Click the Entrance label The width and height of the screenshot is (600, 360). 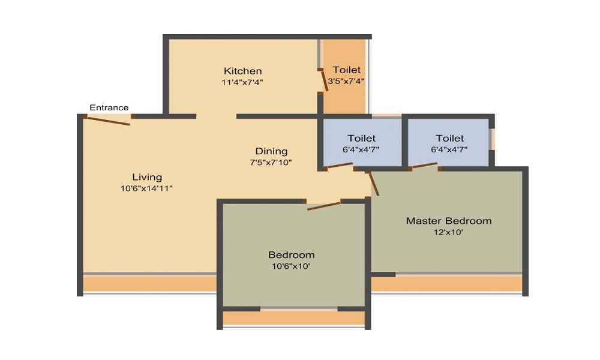pyautogui.click(x=109, y=107)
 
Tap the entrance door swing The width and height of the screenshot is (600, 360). pyautogui.click(x=109, y=121)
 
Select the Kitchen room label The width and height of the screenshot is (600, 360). pyautogui.click(x=242, y=71)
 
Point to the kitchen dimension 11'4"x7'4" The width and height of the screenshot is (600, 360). pyautogui.click(x=242, y=82)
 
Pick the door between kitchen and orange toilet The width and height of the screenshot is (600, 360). pyautogui.click(x=324, y=80)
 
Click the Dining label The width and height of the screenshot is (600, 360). pyautogui.click(x=271, y=151)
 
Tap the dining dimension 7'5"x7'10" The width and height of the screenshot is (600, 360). pyautogui.click(x=271, y=163)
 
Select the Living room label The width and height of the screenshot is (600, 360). pyautogui.click(x=147, y=177)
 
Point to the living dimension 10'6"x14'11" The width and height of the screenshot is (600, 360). pyautogui.click(x=147, y=188)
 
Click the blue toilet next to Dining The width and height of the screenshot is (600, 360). pyautogui.click(x=361, y=143)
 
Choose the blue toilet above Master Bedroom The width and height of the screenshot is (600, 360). pyautogui.click(x=449, y=143)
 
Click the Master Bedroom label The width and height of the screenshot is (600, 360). pyautogui.click(x=448, y=221)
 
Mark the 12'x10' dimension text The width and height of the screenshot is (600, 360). pyautogui.click(x=448, y=232)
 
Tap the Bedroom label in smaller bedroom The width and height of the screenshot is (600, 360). pyautogui.click(x=291, y=254)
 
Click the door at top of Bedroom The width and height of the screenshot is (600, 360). pyautogui.click(x=324, y=206)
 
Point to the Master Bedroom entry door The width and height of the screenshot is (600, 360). pyautogui.click(x=374, y=184)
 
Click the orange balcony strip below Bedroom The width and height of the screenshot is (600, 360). pyautogui.click(x=293, y=317)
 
